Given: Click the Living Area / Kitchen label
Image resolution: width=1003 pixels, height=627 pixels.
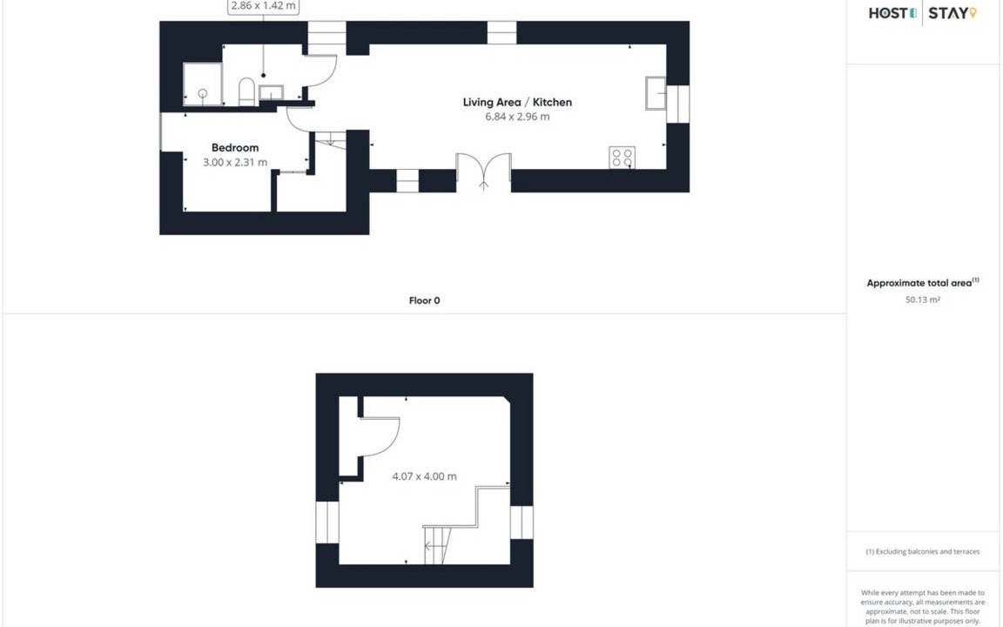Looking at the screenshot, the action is (517, 102).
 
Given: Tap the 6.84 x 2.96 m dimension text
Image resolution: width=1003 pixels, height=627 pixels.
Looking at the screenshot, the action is (517, 117).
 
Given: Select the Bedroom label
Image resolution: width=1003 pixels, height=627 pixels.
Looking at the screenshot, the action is (235, 148).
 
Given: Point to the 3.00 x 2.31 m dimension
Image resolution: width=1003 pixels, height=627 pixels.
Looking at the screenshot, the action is (235, 163).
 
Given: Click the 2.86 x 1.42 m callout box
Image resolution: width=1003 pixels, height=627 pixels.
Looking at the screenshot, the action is (264, 6).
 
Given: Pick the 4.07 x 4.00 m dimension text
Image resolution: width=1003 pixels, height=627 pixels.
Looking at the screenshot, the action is (424, 476).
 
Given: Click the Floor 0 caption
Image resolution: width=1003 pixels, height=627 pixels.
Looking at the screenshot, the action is (424, 300).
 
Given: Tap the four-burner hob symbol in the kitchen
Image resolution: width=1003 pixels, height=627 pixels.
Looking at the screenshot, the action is (622, 158).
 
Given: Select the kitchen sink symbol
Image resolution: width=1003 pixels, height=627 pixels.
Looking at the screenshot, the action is (656, 93).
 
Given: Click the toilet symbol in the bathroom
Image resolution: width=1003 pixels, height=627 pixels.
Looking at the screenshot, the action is (247, 92).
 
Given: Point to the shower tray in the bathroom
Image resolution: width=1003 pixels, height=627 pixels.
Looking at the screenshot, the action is (202, 84).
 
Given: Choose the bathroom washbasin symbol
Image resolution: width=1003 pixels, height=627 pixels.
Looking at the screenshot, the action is (272, 93).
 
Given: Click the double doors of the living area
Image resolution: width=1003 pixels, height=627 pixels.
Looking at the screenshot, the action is (483, 172).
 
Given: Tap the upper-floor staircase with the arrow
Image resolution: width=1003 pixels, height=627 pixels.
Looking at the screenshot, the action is (438, 546).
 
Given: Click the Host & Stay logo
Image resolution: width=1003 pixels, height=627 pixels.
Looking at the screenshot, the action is (922, 13).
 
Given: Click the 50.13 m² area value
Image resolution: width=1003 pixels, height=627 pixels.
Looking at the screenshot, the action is (922, 300).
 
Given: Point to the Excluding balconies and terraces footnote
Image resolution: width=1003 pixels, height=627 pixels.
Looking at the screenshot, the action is (922, 551).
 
